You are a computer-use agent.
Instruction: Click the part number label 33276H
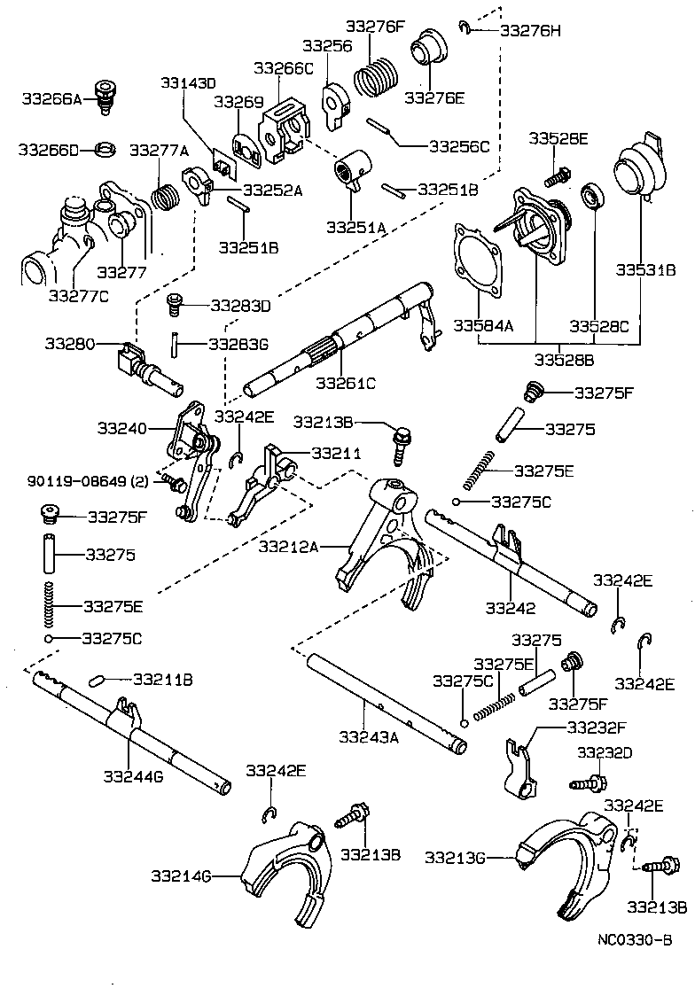tap(530, 29)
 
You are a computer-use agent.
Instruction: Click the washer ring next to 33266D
tap(104, 148)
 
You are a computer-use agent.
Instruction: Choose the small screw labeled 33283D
tap(175, 306)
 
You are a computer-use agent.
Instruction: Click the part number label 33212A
tap(288, 547)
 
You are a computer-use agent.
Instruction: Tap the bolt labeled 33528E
tap(556, 175)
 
